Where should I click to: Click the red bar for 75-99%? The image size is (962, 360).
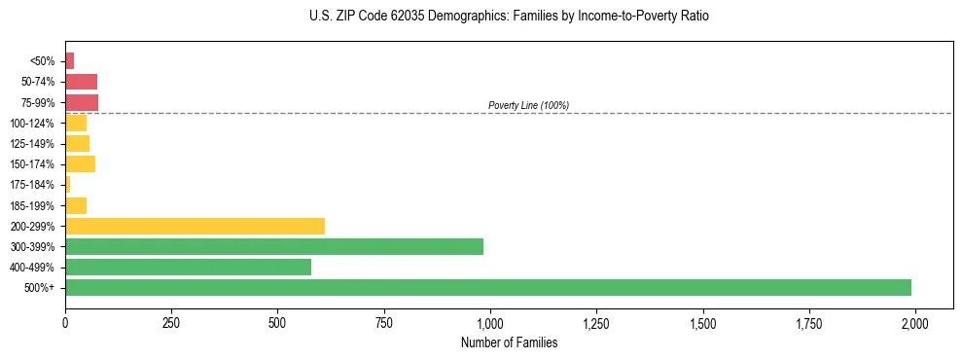pyautogui.click(x=82, y=102)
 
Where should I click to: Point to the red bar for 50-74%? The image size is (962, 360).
pyautogui.click(x=81, y=82)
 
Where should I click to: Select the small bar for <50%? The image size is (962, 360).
pyautogui.click(x=70, y=61)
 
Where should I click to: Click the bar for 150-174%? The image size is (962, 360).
pyautogui.click(x=80, y=163)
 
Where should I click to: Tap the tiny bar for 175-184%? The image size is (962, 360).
pyautogui.click(x=68, y=184)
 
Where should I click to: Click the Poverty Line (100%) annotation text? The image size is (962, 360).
pyautogui.click(x=528, y=105)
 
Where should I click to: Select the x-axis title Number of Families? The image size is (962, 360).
pyautogui.click(x=509, y=342)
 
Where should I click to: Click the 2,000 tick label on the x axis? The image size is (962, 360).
pyautogui.click(x=914, y=323)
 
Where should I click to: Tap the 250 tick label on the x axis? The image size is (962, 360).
pyautogui.click(x=171, y=323)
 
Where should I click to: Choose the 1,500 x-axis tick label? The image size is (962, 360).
pyautogui.click(x=702, y=323)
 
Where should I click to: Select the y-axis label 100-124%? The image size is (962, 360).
pyautogui.click(x=33, y=124)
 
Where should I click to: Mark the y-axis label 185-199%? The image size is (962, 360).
pyautogui.click(x=33, y=205)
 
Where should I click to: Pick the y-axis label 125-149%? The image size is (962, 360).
pyautogui.click(x=33, y=144)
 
